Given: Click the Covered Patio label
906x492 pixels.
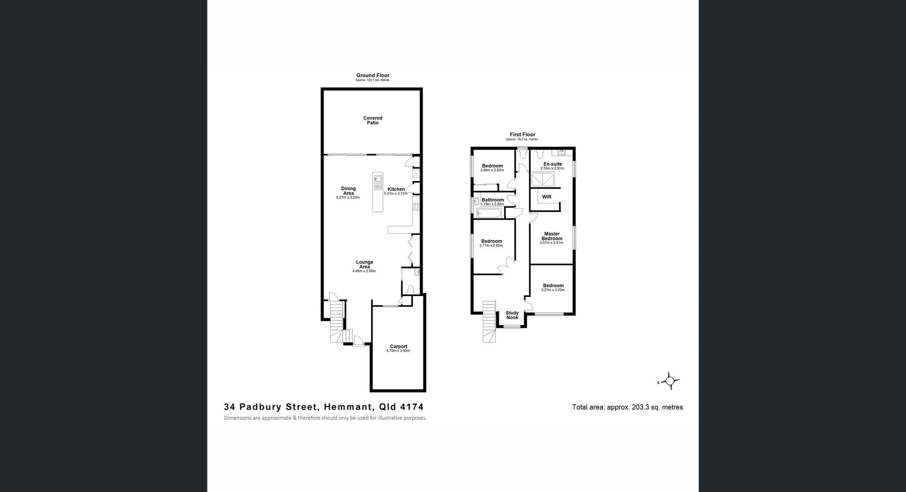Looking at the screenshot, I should point(372,120).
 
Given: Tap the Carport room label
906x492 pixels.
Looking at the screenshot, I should point(398,347).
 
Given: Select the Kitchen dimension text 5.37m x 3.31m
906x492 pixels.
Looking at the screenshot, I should point(395,194).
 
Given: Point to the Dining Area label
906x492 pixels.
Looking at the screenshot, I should point(348,191).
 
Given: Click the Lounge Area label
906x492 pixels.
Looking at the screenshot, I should point(364,264).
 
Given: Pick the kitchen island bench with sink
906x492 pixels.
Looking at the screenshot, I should point(377,192).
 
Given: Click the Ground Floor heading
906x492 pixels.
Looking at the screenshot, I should point(372,76).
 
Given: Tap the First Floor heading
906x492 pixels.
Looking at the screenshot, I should point(522,135).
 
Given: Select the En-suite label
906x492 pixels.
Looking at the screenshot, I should point(553,164).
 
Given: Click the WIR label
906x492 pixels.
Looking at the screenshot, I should point(546,197).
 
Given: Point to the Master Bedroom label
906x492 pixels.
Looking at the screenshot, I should point(552,236).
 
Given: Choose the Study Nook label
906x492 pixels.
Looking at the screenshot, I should point(512,315).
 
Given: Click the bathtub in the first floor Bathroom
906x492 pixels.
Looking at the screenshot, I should point(488,213).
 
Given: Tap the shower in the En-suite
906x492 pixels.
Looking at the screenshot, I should point(543,180).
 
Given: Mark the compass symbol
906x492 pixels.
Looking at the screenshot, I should point(670,381).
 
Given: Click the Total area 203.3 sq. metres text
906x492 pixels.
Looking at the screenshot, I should point(627,407).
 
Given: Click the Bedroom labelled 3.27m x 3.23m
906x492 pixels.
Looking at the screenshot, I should point(553,286).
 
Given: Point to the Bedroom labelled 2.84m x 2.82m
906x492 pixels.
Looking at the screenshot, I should point(492,166).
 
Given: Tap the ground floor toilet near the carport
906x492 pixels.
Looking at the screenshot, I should point(410,289).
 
